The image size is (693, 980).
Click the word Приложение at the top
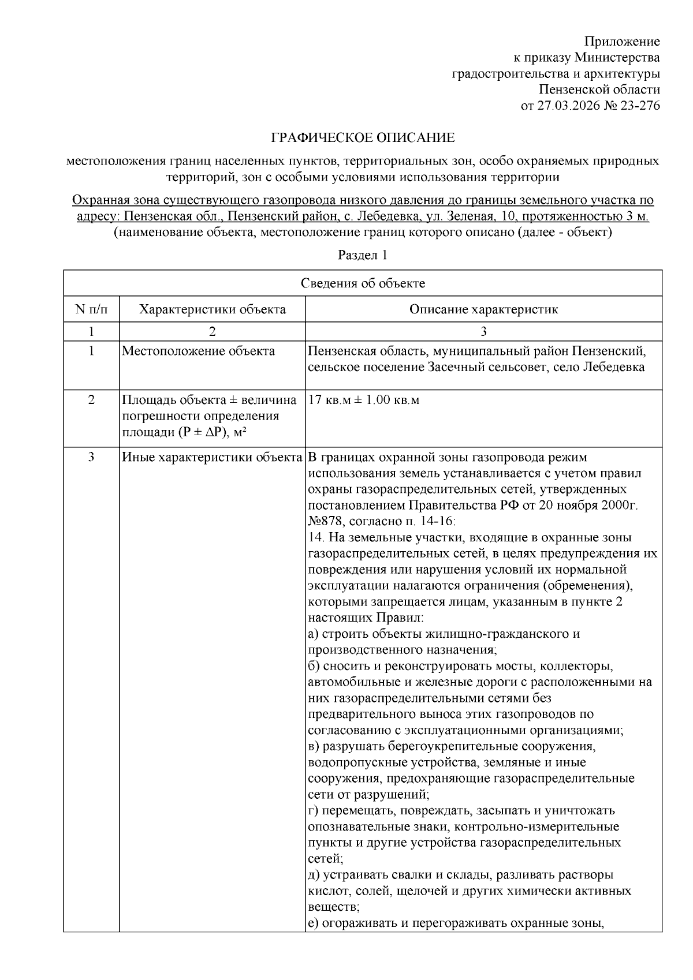pyautogui.click(x=621, y=42)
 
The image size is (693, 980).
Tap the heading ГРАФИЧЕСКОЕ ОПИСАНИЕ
pyautogui.click(x=363, y=138)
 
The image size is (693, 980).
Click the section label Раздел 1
pyautogui.click(x=362, y=256)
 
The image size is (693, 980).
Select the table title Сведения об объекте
pyautogui.click(x=363, y=283)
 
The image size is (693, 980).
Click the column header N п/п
pyautogui.click(x=91, y=309)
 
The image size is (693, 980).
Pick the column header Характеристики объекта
pyautogui.click(x=212, y=309)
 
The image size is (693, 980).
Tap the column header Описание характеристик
pyautogui.click(x=483, y=309)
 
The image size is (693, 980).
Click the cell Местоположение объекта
pyautogui.click(x=198, y=351)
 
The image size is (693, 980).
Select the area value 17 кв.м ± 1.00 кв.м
pyautogui.click(x=364, y=400)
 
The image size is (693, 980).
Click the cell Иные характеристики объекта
pyautogui.click(x=212, y=458)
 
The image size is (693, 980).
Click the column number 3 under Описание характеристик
pyautogui.click(x=483, y=331)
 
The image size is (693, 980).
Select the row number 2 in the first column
pyautogui.click(x=91, y=400)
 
